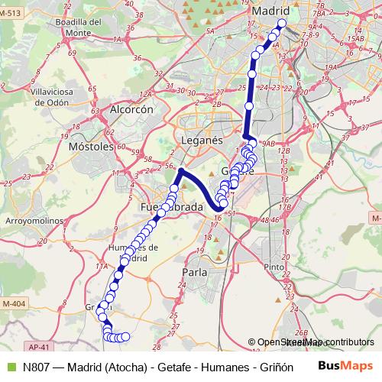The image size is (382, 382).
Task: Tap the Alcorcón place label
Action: [132, 109]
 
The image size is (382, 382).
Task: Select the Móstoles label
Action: [91, 145]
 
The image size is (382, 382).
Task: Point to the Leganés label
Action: [202, 141]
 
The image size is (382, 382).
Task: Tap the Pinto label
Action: [273, 267]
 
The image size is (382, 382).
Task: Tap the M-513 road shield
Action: [10, 24]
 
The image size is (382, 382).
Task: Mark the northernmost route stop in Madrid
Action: [281, 24]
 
